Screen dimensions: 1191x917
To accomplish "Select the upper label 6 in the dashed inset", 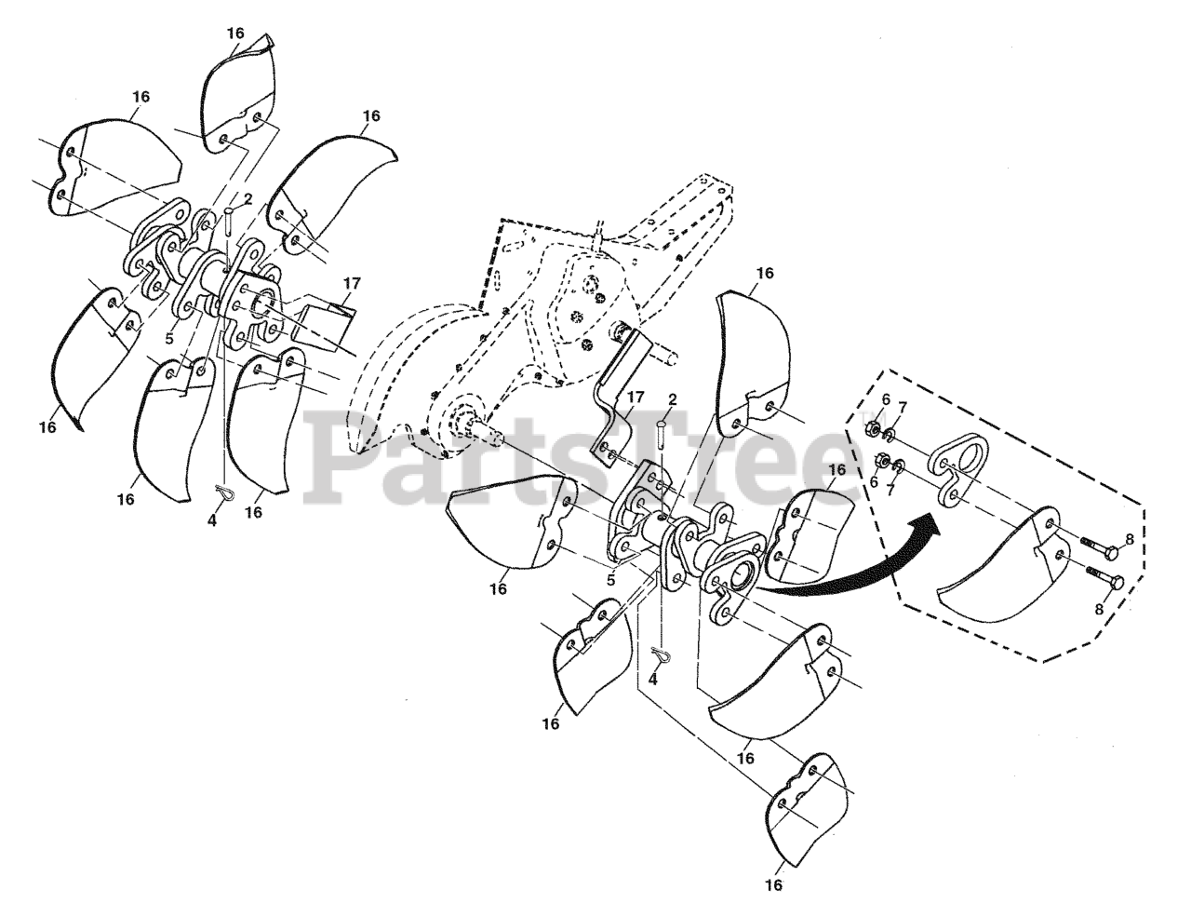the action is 886,399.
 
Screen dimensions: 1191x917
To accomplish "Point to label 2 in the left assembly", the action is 248,198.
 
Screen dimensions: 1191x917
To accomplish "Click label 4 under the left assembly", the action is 212,521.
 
